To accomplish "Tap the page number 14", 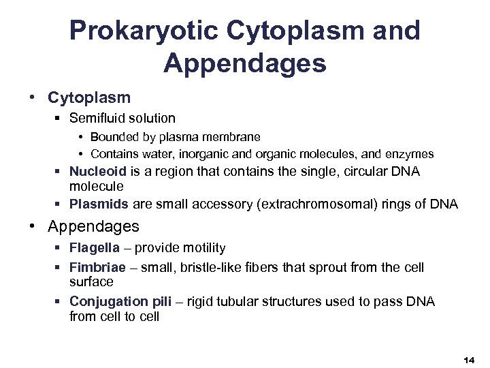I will [x=468, y=358].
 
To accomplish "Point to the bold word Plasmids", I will [x=95, y=204].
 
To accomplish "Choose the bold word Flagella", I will [x=93, y=248].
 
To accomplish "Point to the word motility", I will [x=203, y=248].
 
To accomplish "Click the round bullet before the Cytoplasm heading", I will [x=33, y=97].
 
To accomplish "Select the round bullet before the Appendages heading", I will [x=33, y=226].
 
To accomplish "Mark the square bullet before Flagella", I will [x=59, y=249].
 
